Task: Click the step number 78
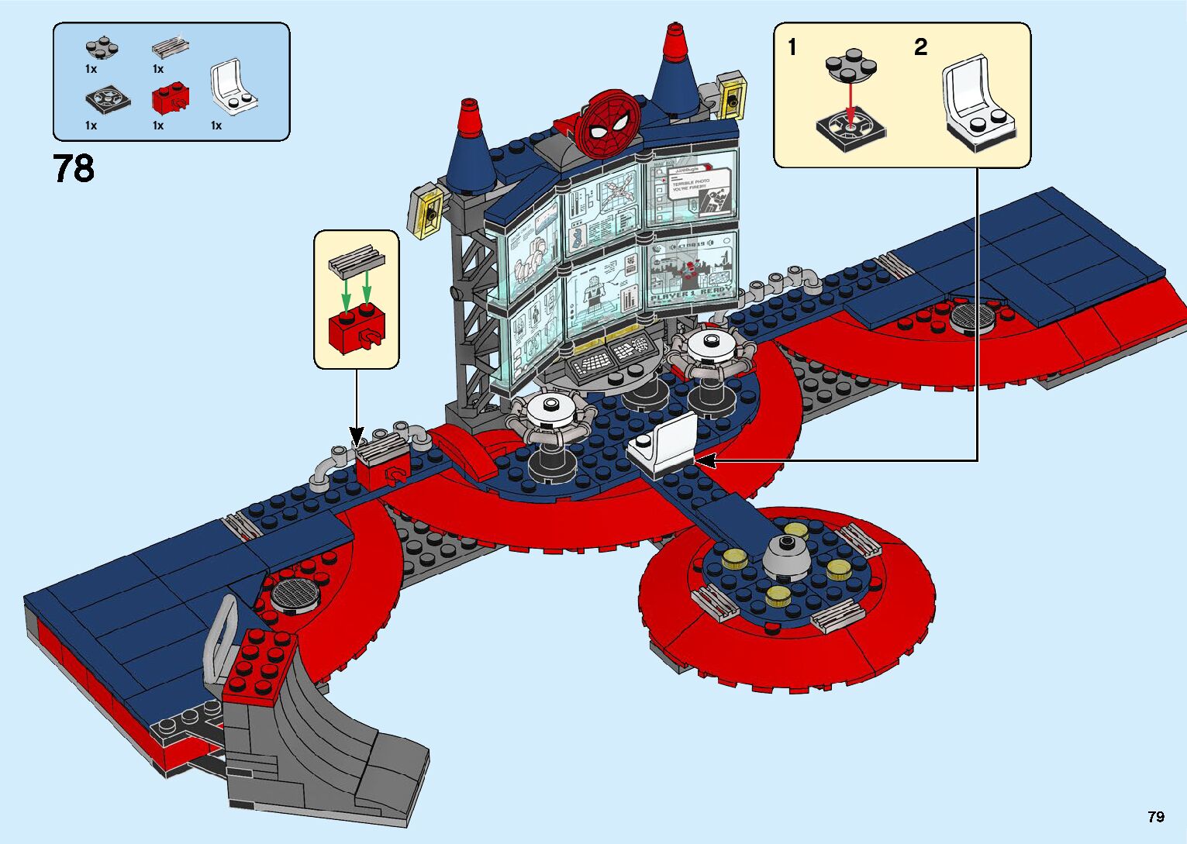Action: click(x=74, y=168)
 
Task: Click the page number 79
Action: click(x=1155, y=817)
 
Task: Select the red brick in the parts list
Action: click(x=171, y=98)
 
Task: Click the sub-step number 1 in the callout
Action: click(x=792, y=48)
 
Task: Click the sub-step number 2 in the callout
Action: click(x=920, y=48)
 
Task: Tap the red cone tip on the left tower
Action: click(x=468, y=116)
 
